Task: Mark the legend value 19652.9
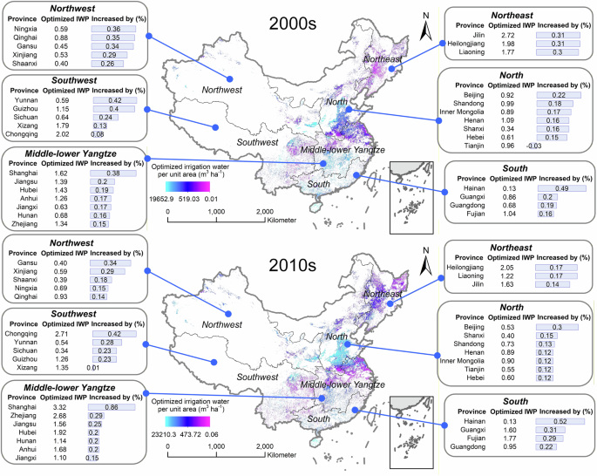point(160,198)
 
